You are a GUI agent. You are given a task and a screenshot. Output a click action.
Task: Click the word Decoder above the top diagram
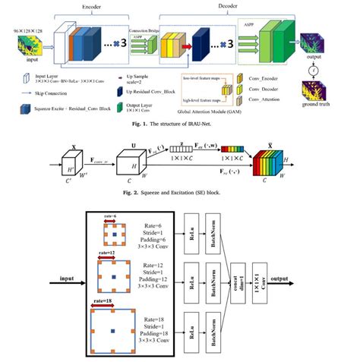pos(217,4)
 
